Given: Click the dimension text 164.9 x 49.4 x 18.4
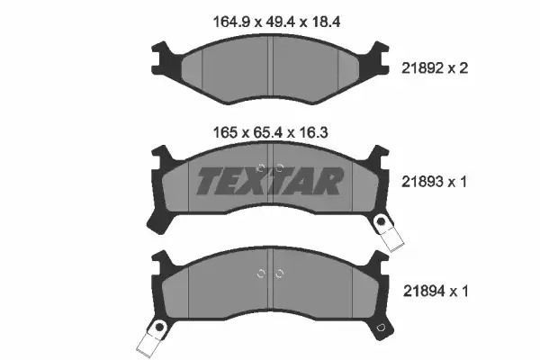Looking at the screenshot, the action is click(x=277, y=22).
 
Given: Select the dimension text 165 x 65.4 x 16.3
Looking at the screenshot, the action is click(x=271, y=132).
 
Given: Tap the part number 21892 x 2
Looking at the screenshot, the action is click(x=435, y=68).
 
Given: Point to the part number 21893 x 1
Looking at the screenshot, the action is click(x=435, y=182).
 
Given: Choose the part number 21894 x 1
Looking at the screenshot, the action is click(x=436, y=292).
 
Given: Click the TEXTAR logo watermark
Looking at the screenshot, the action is click(x=270, y=181).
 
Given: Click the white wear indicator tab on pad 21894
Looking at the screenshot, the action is click(x=148, y=341).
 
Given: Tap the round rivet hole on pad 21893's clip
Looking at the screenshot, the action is click(x=382, y=221).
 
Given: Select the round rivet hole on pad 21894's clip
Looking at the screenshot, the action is click(x=159, y=326).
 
